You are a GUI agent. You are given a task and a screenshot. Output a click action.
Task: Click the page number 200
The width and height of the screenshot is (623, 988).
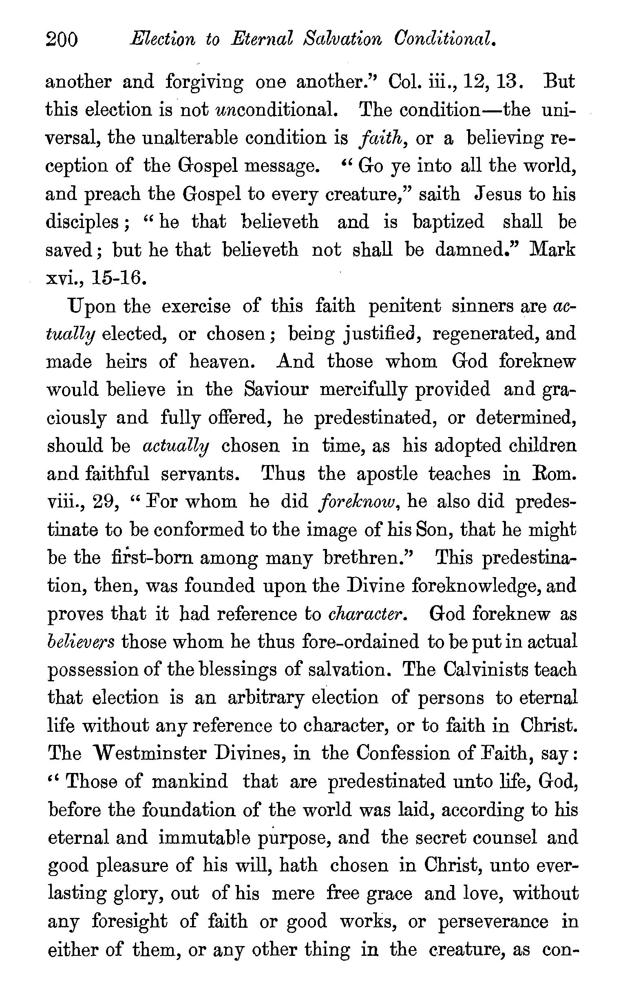(x=62, y=40)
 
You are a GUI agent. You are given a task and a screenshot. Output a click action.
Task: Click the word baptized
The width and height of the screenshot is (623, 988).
(x=448, y=222)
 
